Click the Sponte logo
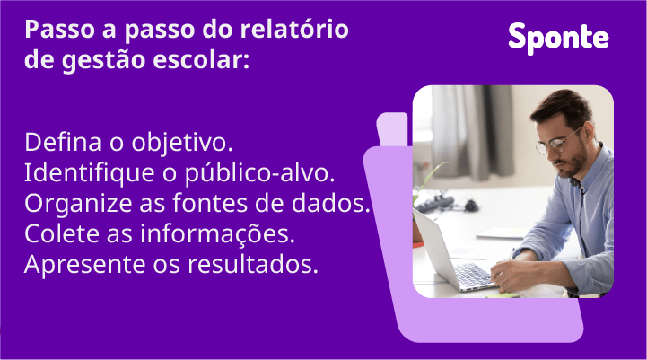coord(558,37)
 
